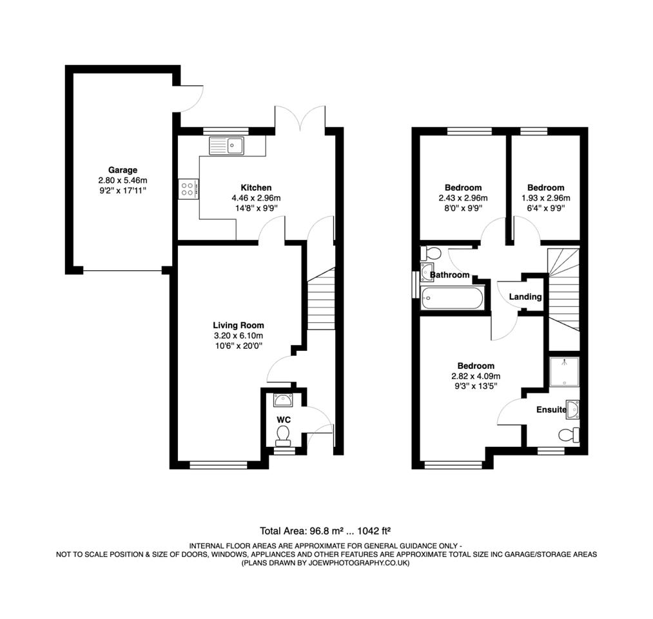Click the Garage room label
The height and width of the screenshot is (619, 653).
[122, 170]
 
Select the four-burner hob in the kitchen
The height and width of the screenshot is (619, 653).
[189, 189]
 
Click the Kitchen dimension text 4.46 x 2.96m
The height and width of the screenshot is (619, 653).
[256, 198]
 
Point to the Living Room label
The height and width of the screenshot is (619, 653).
[239, 325]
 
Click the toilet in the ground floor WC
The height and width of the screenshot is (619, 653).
[283, 438]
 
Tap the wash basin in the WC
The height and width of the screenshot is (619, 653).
[283, 400]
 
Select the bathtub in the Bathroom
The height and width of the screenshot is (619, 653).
[451, 299]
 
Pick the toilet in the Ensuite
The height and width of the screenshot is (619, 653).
[568, 435]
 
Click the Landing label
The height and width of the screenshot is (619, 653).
[525, 297]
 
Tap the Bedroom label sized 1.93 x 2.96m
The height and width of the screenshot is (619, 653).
[545, 188]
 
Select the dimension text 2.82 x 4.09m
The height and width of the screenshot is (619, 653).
[476, 376]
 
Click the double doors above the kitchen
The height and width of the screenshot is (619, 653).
[300, 118]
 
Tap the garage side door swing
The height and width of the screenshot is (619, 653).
[190, 99]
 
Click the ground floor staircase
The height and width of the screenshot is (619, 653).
[320, 300]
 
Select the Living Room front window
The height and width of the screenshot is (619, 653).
[218, 464]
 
